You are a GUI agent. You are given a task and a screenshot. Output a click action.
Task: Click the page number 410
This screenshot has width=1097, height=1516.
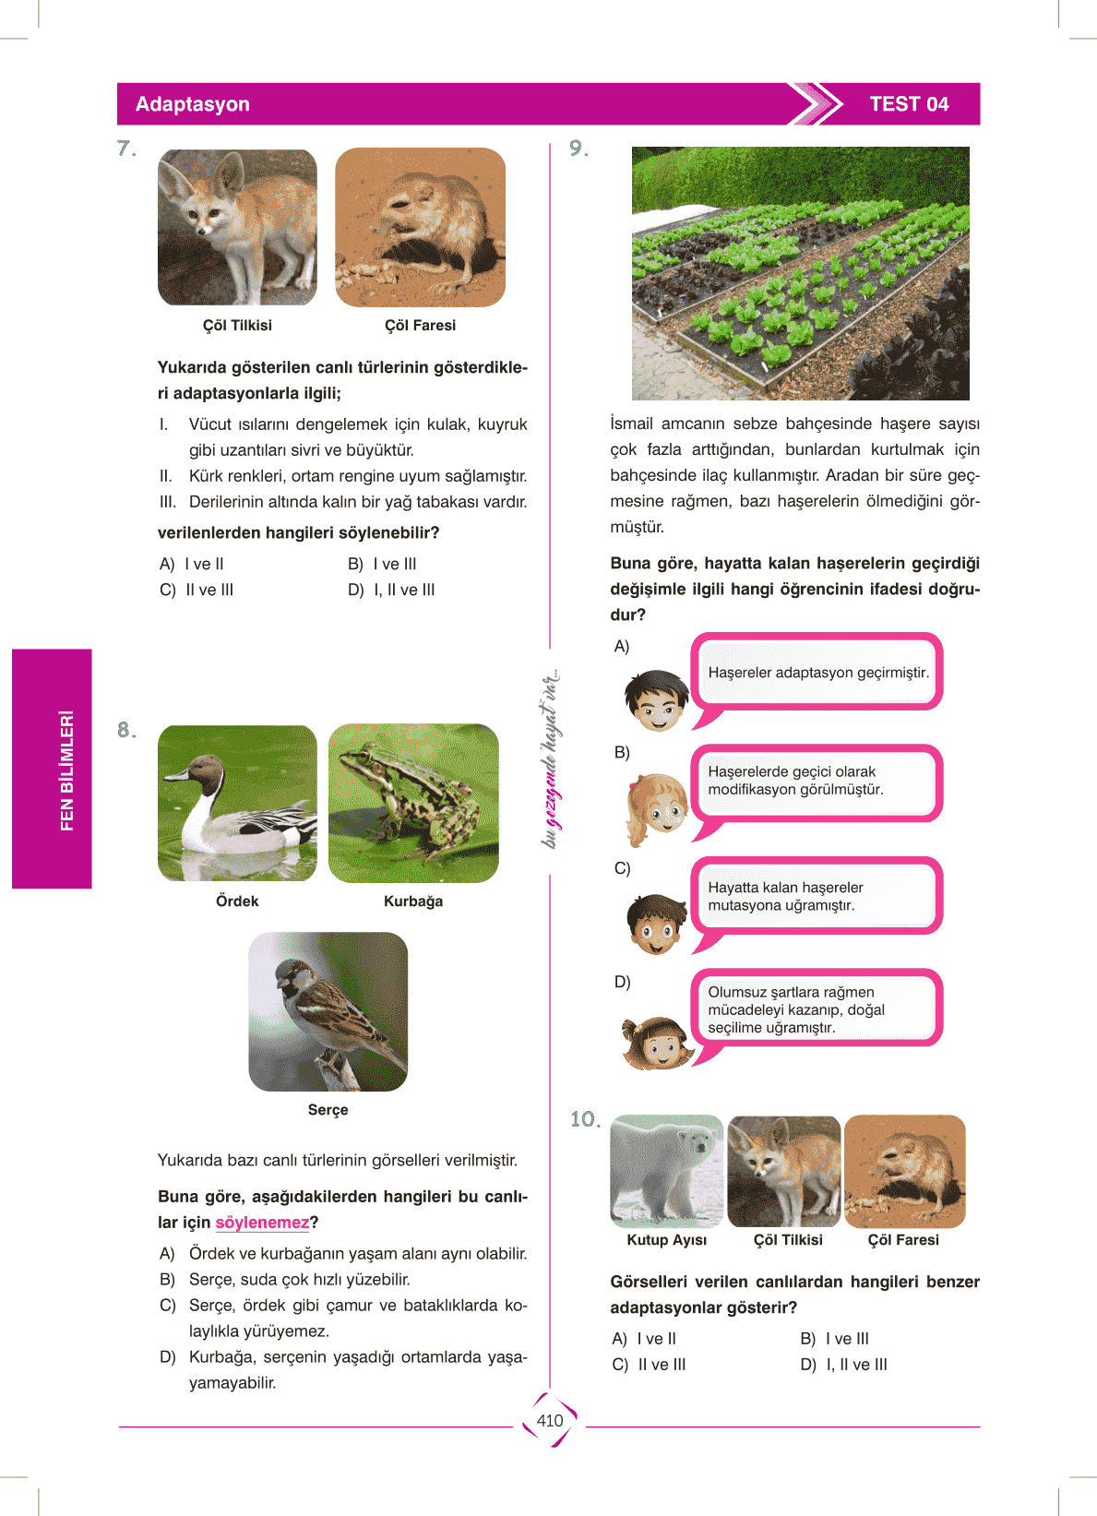click(549, 1421)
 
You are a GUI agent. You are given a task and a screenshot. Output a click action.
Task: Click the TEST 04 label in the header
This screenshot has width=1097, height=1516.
click(909, 104)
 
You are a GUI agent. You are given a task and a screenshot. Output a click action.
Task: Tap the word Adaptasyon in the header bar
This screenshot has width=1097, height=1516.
click(192, 104)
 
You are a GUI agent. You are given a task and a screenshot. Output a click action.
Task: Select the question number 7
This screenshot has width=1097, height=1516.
click(126, 149)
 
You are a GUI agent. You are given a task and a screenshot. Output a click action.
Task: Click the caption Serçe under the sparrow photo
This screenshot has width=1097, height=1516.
click(328, 1110)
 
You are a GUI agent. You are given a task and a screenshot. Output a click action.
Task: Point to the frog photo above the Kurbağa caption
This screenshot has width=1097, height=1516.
click(413, 803)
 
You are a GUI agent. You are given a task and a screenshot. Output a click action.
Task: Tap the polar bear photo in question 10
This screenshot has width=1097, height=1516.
click(666, 1171)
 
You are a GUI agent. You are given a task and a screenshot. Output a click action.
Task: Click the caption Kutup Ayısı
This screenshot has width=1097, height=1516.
click(666, 1240)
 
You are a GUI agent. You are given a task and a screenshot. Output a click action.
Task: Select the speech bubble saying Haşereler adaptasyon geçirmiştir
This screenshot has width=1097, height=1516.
click(817, 673)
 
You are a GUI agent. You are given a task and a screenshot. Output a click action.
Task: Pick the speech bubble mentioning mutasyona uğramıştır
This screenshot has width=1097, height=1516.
click(817, 896)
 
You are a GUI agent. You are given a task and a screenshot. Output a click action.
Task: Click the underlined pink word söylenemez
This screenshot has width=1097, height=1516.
click(262, 1223)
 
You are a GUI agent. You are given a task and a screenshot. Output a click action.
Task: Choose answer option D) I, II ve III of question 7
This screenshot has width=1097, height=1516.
click(391, 590)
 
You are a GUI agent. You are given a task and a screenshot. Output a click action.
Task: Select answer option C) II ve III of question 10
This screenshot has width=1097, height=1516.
click(650, 1365)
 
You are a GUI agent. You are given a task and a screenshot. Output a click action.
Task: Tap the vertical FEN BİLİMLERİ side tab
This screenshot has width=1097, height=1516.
click(53, 769)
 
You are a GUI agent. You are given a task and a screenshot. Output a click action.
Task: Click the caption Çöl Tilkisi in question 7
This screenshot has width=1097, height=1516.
click(237, 326)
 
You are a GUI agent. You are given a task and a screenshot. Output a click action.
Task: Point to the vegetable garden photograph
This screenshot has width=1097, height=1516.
click(800, 273)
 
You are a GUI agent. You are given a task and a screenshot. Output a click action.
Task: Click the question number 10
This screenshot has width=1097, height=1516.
click(585, 1119)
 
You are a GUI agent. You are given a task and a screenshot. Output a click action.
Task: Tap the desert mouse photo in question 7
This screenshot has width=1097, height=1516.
click(420, 228)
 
